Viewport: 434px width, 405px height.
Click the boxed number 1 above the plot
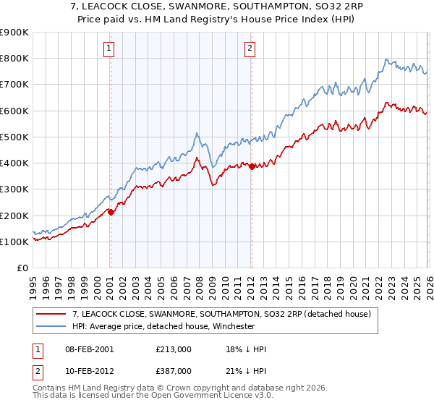coord(109,48)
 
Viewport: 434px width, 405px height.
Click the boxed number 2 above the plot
coord(250,48)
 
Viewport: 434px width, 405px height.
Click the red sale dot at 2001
coord(111,212)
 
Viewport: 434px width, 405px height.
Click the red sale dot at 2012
coord(251,166)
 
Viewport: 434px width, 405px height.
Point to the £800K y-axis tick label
coord(14,59)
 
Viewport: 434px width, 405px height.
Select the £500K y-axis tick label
coord(14,137)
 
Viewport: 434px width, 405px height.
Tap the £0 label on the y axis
coord(22,268)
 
